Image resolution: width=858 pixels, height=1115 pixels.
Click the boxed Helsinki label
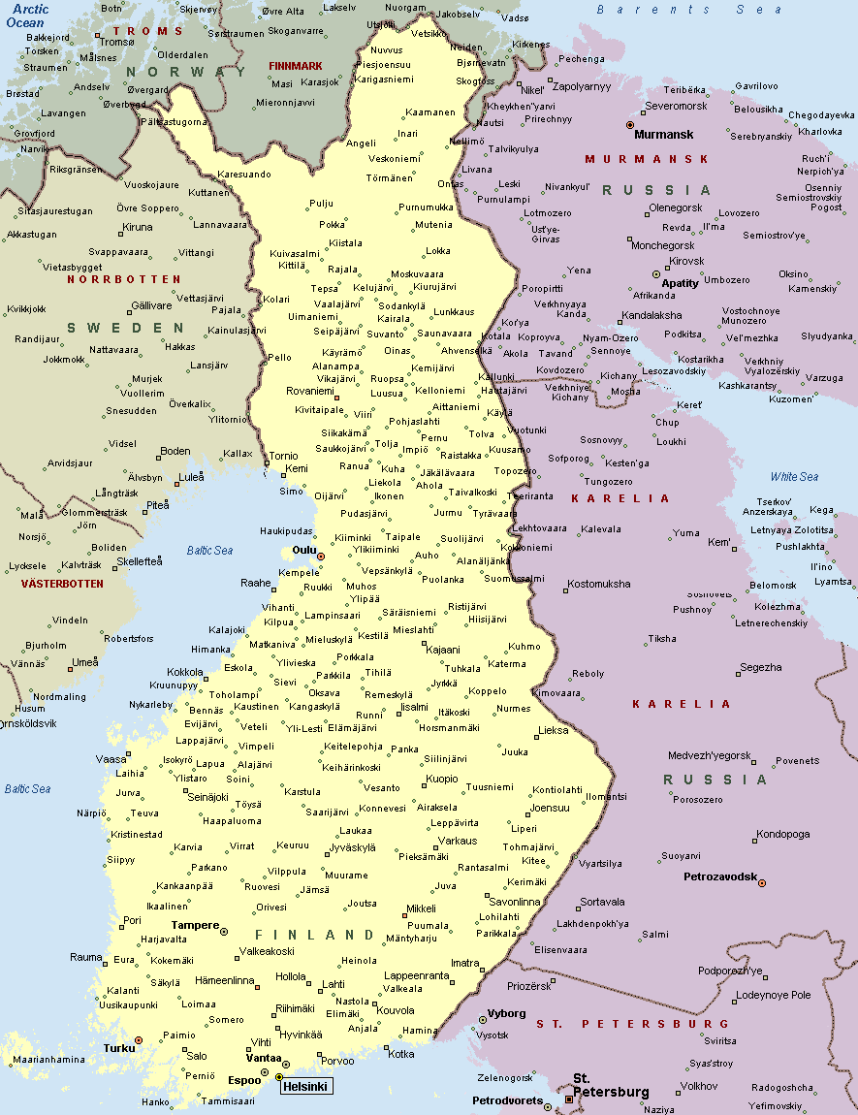point(306,1087)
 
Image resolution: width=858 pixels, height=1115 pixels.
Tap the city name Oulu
point(304,550)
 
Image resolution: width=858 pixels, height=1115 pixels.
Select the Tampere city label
point(195,925)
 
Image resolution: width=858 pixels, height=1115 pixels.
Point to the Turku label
point(118,1048)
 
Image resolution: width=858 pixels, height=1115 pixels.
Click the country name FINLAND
point(314,936)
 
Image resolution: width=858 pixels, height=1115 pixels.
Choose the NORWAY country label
point(185,72)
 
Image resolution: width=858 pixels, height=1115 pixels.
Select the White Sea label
point(794,477)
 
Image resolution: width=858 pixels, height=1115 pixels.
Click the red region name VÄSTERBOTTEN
point(62,584)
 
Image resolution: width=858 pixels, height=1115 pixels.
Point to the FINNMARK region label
point(295,66)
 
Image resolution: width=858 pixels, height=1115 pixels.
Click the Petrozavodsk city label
point(719,876)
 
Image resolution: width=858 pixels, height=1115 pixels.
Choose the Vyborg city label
point(506,1013)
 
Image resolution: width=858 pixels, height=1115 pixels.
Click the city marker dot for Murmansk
point(630,125)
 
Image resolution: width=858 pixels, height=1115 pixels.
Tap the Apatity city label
point(680,283)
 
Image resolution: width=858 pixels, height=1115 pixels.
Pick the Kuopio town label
point(442,779)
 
